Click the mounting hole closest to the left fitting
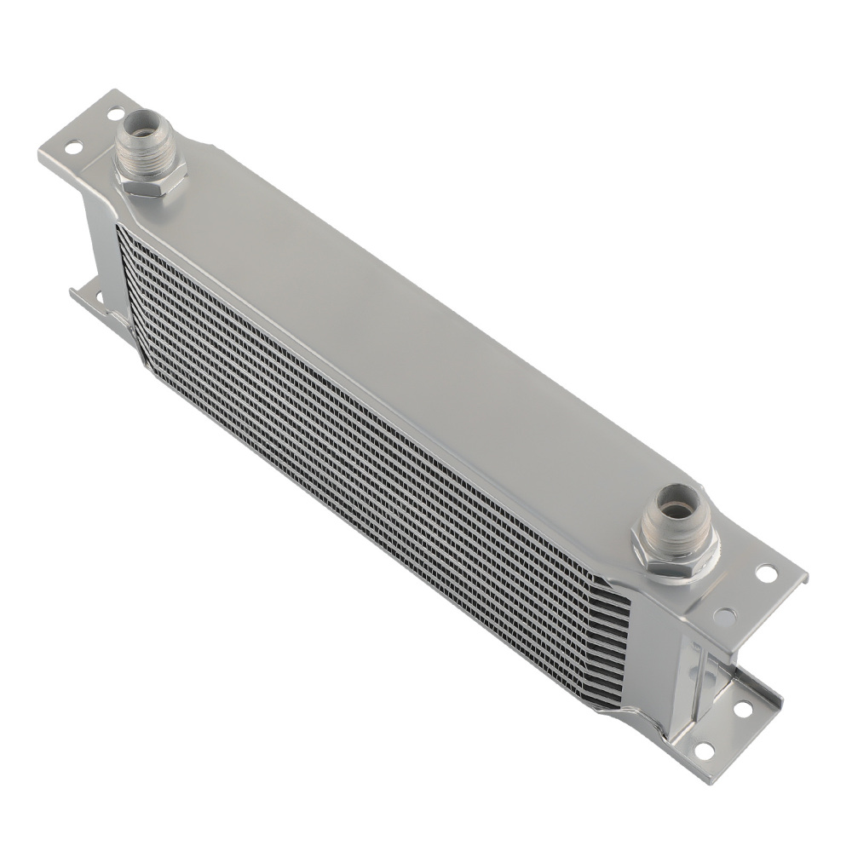coord(112,112)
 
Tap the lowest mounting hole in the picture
coord(703,749)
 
